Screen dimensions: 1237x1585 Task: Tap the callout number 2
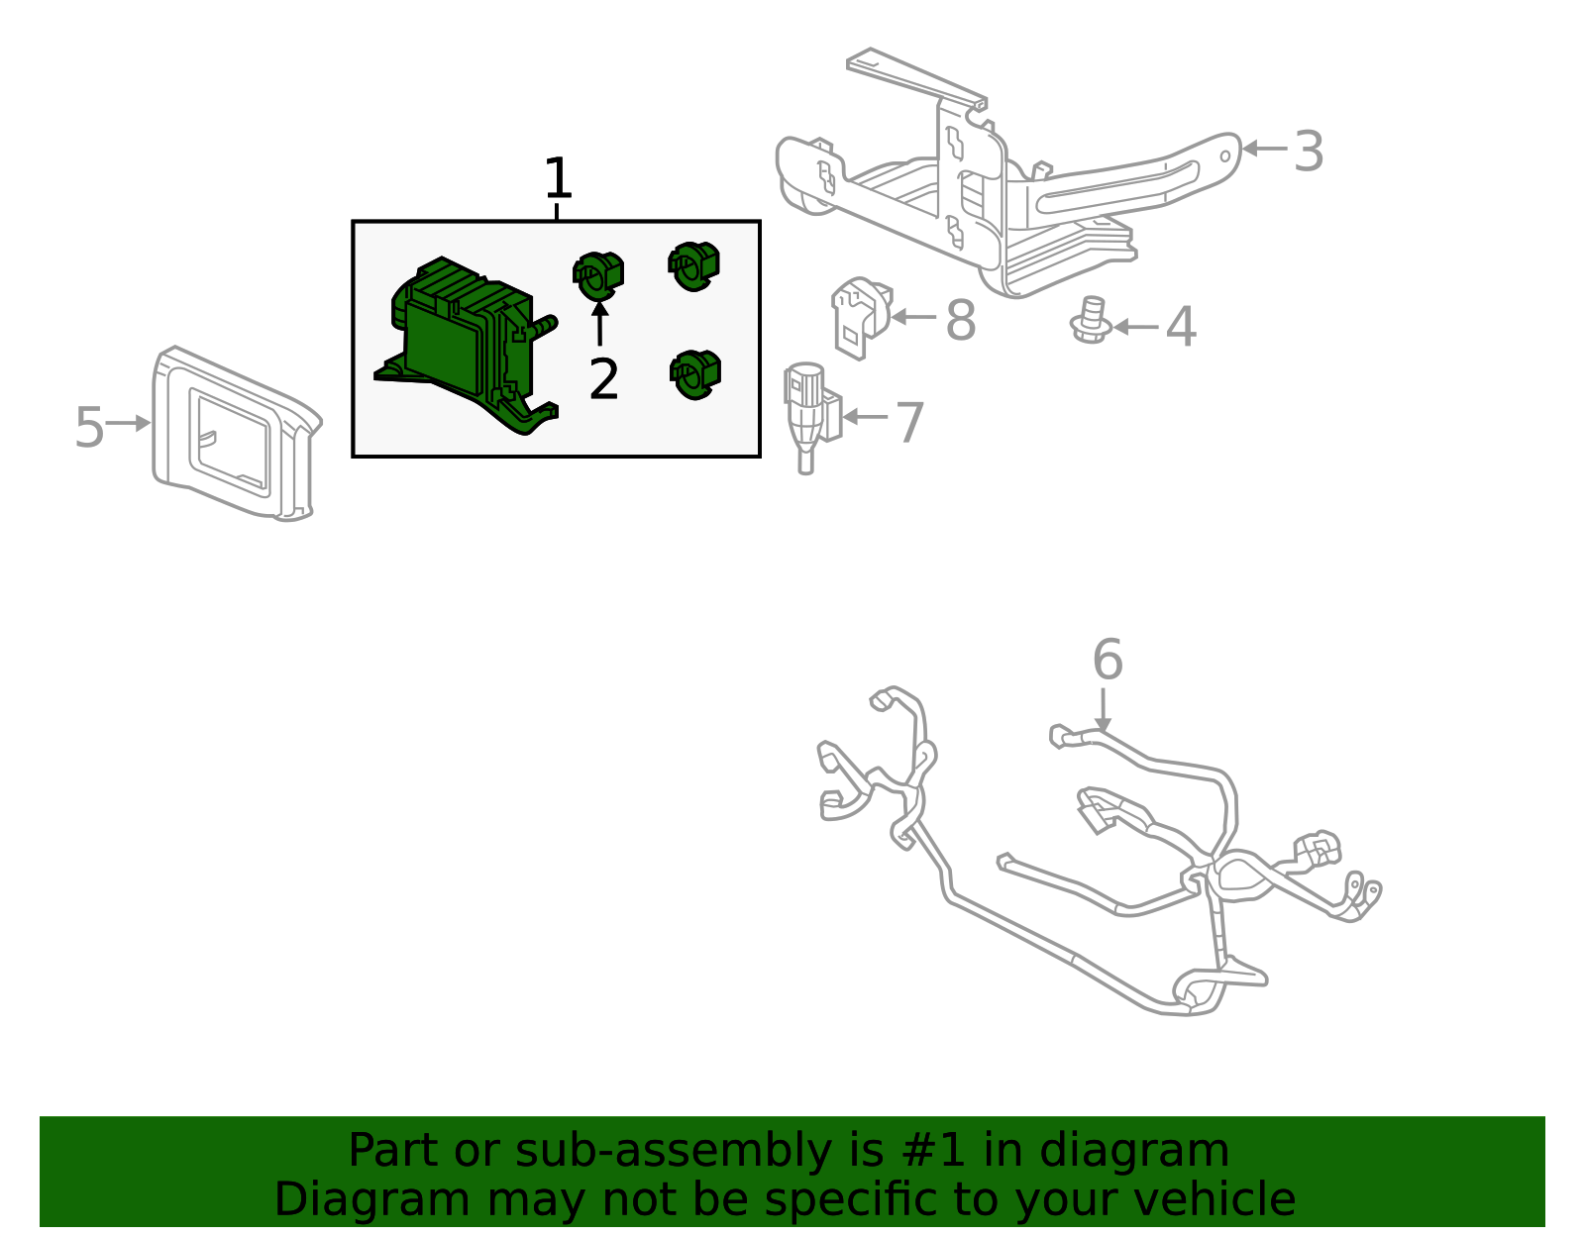[x=603, y=379]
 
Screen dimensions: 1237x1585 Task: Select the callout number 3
[x=1309, y=153]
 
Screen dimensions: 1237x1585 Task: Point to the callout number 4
[x=1180, y=327]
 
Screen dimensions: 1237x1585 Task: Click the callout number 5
[x=89, y=427]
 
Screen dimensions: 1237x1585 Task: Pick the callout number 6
[x=1108, y=660]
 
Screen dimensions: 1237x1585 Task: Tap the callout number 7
[x=909, y=423]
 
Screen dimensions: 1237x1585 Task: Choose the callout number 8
[x=960, y=321]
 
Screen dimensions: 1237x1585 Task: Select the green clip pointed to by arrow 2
[x=598, y=274]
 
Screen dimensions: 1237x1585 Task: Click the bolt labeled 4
[x=1090, y=321]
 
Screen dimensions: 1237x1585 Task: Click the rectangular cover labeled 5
[x=233, y=436]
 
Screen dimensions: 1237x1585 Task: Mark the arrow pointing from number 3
[x=1264, y=149]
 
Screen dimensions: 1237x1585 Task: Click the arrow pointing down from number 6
[x=1103, y=711]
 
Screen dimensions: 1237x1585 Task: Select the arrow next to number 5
[x=128, y=423]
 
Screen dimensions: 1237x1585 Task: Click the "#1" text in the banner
[x=932, y=1151]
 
